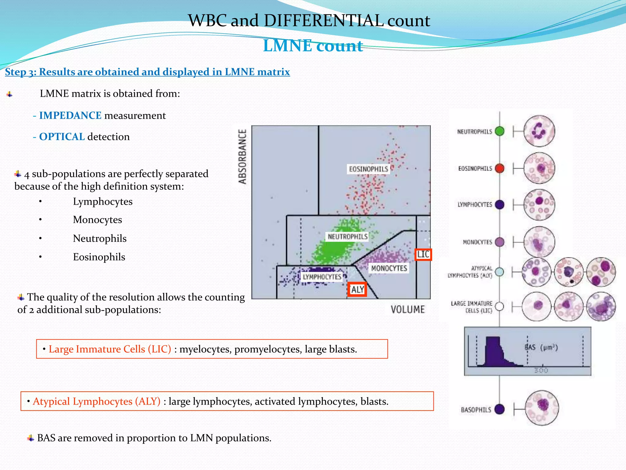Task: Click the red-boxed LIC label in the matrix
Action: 423,254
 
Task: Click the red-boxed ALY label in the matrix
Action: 357,289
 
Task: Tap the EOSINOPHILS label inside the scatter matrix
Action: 368,169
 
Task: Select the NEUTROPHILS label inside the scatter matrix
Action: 348,237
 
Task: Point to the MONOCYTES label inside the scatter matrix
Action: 389,268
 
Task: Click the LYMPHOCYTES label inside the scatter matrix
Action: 322,277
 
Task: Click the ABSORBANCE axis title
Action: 243,156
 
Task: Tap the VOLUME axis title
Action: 408,309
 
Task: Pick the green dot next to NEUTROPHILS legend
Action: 499,131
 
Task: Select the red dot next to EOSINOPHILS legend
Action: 499,168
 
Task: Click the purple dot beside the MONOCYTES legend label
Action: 499,242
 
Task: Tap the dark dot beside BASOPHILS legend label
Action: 499,409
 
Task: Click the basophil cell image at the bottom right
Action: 542,408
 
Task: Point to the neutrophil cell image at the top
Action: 539,131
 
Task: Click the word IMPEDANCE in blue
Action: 70,116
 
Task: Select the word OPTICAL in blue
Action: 62,137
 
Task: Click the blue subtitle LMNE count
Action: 313,46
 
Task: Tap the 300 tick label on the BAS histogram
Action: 541,371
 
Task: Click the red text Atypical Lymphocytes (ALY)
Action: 97,401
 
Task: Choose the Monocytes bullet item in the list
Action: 97,220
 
